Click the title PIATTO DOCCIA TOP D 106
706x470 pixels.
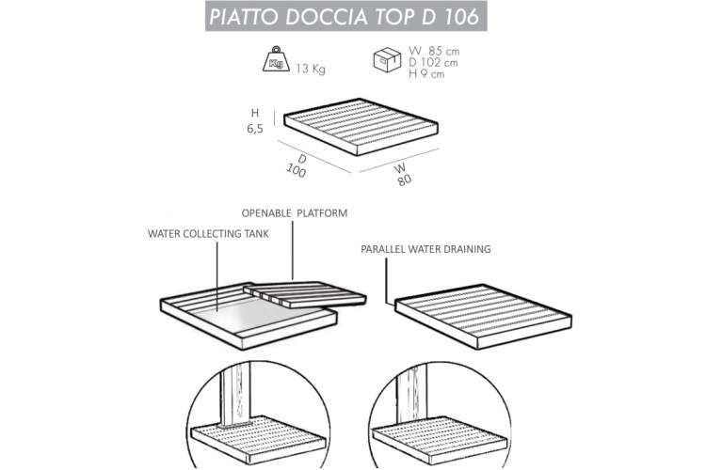345,16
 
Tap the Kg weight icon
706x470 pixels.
276,59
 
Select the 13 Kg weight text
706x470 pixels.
311,69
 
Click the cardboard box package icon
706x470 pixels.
387,59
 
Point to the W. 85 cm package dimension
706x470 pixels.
434,51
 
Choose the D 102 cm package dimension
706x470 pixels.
433,63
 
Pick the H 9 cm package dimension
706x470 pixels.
426,73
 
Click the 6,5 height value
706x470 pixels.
255,129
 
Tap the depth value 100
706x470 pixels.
296,170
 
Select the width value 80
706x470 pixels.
405,180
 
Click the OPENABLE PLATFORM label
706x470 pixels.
295,213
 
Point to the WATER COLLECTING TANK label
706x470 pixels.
208,234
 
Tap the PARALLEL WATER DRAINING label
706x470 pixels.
425,249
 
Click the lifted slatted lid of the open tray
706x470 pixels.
304,294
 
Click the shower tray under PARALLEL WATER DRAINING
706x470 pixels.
483,316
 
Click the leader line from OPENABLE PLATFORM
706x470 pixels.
293,251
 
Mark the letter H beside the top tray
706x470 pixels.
255,113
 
